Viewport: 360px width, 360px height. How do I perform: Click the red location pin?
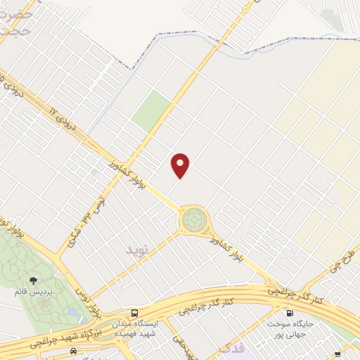(181, 165)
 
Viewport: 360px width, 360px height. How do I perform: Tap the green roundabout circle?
(192, 220)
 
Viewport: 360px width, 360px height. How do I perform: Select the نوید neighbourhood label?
(138, 250)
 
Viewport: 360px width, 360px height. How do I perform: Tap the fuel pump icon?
(288, 313)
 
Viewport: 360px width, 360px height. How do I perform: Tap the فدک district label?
(232, 347)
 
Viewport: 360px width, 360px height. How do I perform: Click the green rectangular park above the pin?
(152, 110)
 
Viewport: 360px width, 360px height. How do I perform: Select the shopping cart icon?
(337, 354)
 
